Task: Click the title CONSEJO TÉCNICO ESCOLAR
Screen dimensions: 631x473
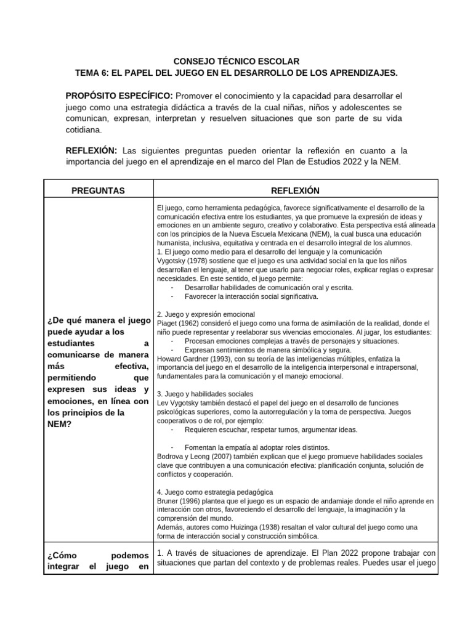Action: click(x=236, y=62)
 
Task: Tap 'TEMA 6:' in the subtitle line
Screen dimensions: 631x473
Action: click(x=92, y=73)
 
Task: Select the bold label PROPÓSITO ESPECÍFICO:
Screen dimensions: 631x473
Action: click(x=119, y=97)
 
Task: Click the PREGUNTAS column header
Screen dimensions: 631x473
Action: click(x=99, y=191)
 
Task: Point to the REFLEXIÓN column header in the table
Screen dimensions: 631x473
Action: click(x=294, y=191)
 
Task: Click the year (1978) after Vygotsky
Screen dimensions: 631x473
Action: click(x=198, y=261)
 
